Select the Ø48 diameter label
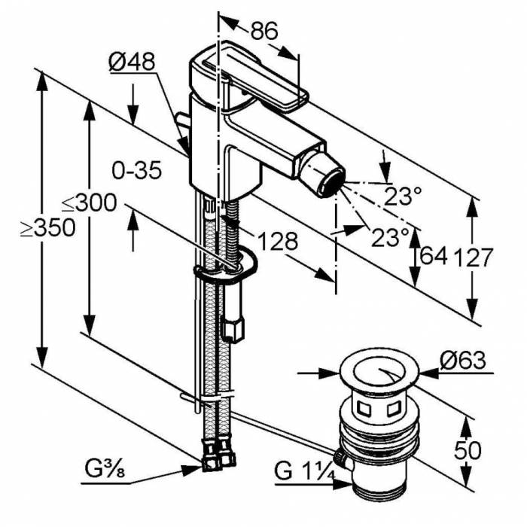coord(132,63)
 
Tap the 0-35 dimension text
coord(136,172)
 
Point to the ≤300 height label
coord(89,203)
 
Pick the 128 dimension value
coord(278,241)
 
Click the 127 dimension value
coord(473,257)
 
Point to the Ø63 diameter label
coord(462,361)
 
